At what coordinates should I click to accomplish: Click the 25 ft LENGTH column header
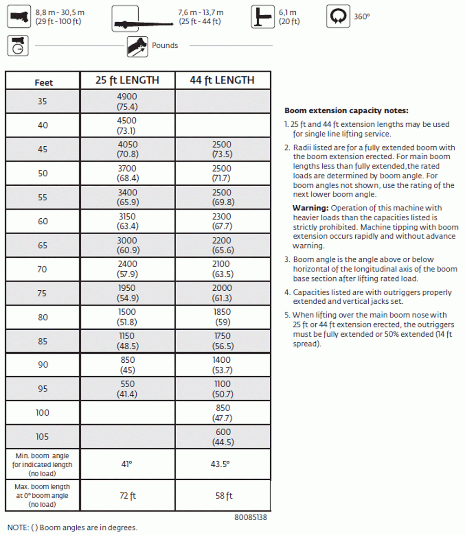(x=127, y=80)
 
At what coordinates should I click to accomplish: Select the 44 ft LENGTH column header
(x=222, y=80)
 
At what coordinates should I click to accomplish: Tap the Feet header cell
(x=44, y=83)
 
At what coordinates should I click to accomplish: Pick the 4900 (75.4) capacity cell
(x=127, y=101)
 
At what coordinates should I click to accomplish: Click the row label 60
(x=43, y=222)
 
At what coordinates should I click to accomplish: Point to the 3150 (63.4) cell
(x=127, y=222)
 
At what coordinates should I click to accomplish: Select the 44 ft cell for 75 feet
(x=222, y=293)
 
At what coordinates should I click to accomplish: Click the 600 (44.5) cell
(x=222, y=437)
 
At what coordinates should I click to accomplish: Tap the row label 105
(x=43, y=437)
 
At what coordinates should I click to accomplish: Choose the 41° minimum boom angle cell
(x=127, y=463)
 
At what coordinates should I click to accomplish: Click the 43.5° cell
(x=222, y=463)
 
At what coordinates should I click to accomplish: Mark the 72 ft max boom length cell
(x=127, y=496)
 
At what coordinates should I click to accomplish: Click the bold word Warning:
(x=310, y=208)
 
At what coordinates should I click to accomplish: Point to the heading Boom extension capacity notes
(x=346, y=111)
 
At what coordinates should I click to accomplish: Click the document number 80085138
(x=251, y=517)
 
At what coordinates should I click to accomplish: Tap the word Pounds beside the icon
(x=165, y=46)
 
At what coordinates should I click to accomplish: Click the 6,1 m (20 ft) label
(x=289, y=17)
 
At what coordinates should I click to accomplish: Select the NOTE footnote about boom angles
(x=73, y=528)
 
